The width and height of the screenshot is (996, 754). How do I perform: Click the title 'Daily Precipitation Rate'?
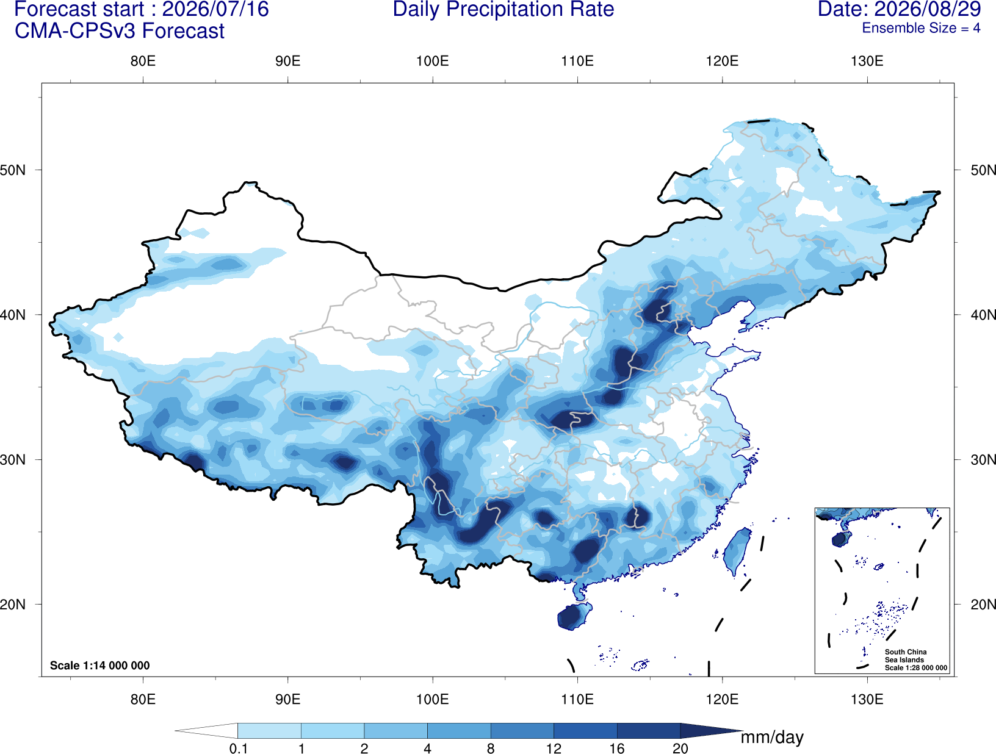click(503, 9)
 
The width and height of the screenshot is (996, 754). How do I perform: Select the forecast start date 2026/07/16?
click(215, 9)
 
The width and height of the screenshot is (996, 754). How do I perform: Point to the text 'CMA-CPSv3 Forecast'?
click(120, 31)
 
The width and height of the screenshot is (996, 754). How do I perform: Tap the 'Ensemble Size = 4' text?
click(921, 28)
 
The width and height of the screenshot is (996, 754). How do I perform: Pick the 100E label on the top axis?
click(433, 61)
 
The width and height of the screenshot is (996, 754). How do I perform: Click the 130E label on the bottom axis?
click(867, 699)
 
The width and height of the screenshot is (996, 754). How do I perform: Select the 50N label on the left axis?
click(13, 170)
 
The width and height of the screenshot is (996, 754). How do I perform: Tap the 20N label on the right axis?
click(983, 604)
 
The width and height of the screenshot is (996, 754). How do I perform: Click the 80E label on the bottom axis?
click(143, 699)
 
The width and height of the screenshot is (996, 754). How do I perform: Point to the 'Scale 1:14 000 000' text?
click(100, 665)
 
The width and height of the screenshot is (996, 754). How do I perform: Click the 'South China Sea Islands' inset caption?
click(906, 656)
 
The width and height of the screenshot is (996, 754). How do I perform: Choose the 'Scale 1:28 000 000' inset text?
click(915, 668)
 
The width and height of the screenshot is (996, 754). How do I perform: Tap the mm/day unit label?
click(772, 738)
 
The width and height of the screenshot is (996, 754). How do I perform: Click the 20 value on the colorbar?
click(680, 748)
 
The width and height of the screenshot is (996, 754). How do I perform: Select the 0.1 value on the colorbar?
click(238, 748)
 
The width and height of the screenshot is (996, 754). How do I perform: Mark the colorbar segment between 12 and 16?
click(585, 730)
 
